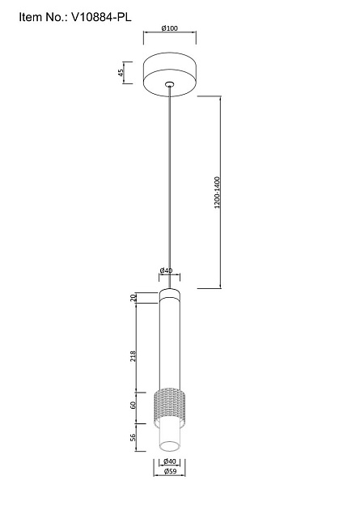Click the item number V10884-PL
coord(101,17)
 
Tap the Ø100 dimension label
coord(170,28)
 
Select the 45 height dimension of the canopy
coord(121,73)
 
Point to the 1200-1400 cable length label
coord(217,192)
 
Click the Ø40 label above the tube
coord(167,270)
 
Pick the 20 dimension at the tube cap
coord(133,298)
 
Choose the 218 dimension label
coord(133,357)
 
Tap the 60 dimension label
coord(133,406)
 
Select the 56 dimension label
coord(133,437)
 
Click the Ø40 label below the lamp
coord(170,461)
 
